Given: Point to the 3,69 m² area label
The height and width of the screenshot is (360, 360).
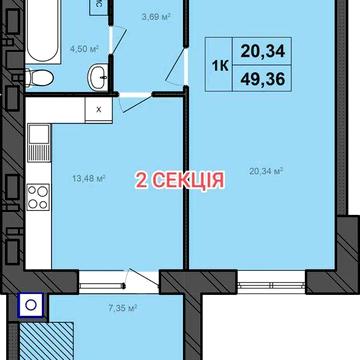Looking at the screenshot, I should tap(154, 16).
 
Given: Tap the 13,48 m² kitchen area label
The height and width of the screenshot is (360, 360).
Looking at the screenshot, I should tap(89, 179).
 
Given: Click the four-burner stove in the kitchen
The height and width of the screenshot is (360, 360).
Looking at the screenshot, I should tap(38, 198).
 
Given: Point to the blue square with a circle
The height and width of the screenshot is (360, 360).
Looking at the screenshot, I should tap(31, 307).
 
